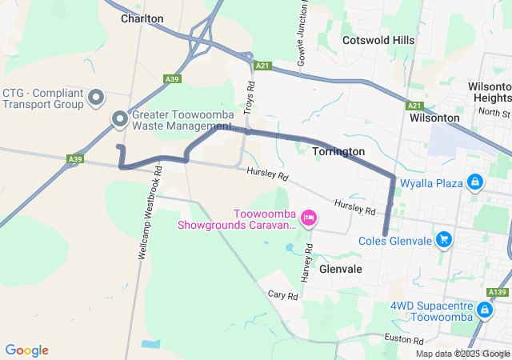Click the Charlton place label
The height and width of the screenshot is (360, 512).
coord(142,18)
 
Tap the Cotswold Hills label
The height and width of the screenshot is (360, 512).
coord(378,40)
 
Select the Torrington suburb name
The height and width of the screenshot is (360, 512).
coord(338,151)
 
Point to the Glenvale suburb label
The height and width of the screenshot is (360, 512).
coord(341,270)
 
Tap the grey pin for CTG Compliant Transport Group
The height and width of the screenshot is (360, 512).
coord(96,98)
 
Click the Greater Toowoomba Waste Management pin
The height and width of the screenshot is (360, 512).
coord(120,120)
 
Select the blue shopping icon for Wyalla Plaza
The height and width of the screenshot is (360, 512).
coord(475,183)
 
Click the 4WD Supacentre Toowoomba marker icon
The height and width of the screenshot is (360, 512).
coord(485,310)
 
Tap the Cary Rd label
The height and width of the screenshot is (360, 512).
coord(282,295)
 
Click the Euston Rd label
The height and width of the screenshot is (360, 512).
coord(397,340)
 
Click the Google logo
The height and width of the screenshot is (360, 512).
coord(26,350)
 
